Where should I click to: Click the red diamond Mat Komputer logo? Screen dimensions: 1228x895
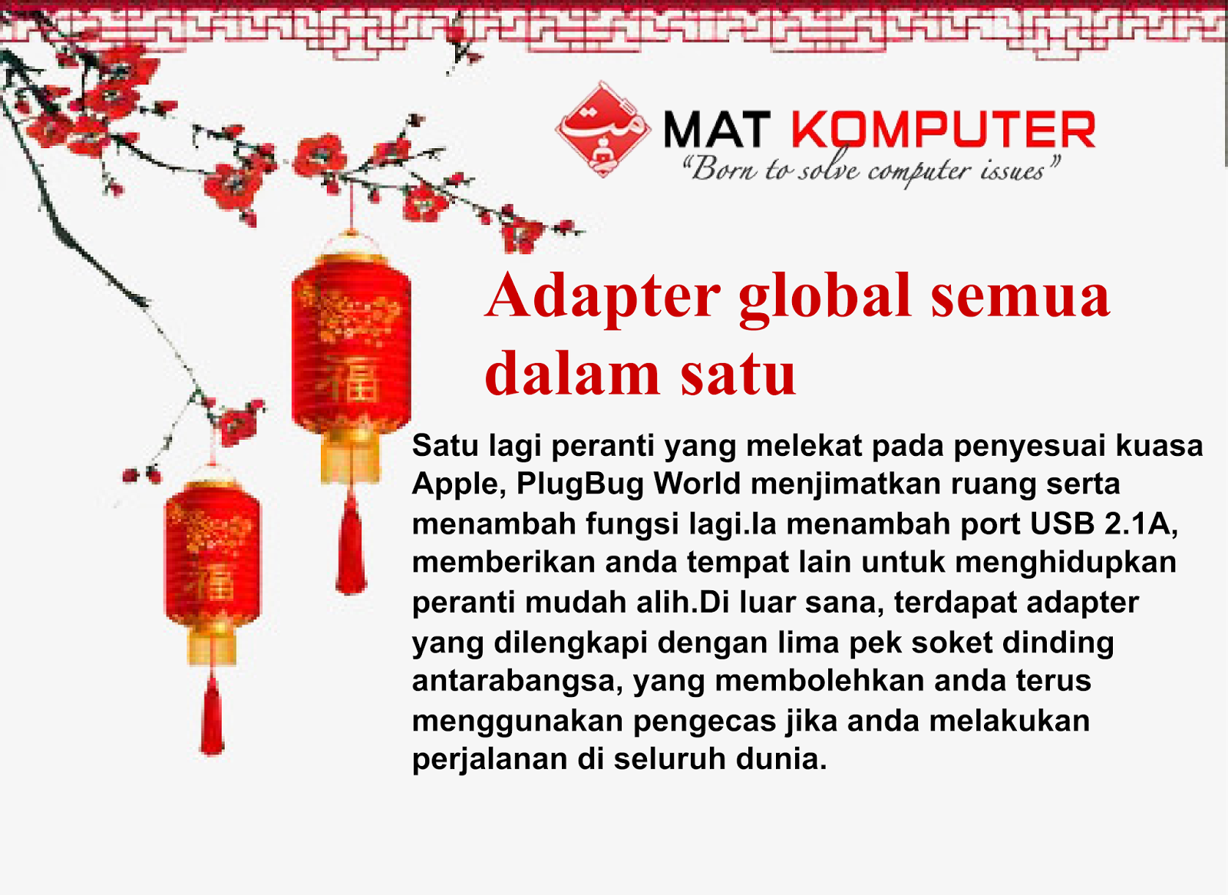click(x=603, y=130)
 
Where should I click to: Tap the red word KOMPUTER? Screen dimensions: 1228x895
click(x=944, y=130)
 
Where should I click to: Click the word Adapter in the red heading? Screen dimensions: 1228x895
click(x=602, y=297)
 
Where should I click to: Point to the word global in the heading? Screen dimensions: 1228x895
click(x=825, y=297)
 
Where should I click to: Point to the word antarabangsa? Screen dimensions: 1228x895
click(x=517, y=682)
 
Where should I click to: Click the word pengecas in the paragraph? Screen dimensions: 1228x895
click(x=705, y=722)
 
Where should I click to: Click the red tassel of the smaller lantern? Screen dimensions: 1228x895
click(x=212, y=718)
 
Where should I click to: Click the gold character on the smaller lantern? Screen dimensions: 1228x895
click(x=212, y=582)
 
